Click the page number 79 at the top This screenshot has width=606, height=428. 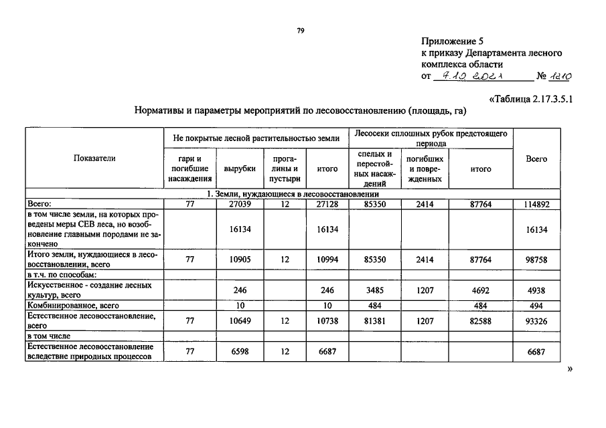point(301,30)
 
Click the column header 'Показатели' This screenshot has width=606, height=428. point(94,158)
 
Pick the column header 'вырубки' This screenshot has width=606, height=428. point(240,169)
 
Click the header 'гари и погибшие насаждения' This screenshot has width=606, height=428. point(190,169)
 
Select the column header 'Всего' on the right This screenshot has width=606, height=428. point(536,158)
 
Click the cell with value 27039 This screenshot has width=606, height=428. point(240,204)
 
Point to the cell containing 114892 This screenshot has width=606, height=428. point(536,204)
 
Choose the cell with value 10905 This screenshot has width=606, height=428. point(240,259)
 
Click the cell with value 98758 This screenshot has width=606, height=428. point(536,259)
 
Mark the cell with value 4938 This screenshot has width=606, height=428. point(536,290)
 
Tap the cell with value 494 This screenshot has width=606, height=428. point(536,306)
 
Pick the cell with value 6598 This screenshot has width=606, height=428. point(240,352)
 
